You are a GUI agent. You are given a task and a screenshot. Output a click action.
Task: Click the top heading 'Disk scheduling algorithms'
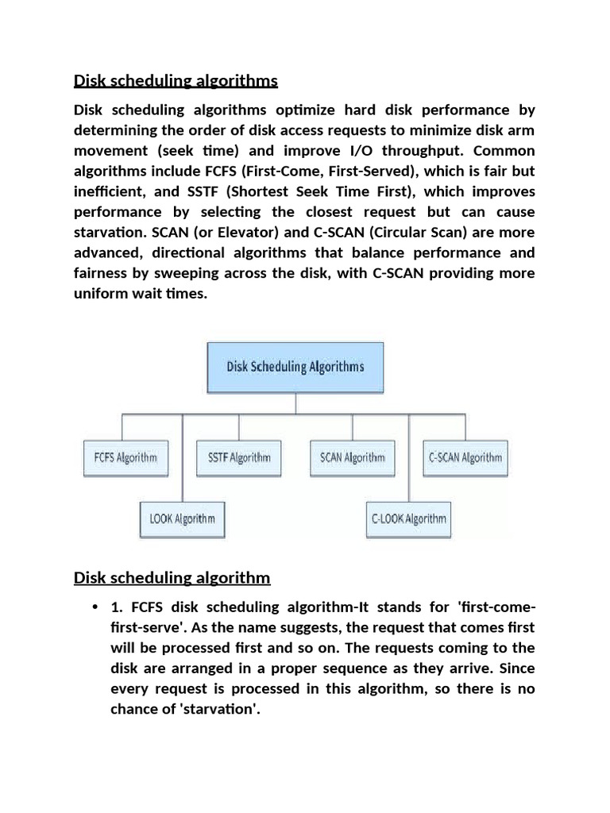(x=176, y=81)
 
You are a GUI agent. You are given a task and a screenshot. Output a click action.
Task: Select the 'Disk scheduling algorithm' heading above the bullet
(x=172, y=577)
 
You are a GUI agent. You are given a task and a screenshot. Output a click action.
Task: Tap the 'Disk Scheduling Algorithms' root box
(x=295, y=367)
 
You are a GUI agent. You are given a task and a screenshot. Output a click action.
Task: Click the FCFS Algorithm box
(x=121, y=457)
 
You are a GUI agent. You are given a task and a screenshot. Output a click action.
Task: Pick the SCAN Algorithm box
(x=352, y=457)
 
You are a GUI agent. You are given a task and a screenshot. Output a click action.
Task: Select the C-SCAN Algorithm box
(x=465, y=457)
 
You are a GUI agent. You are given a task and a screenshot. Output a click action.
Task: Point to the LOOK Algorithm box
(x=183, y=519)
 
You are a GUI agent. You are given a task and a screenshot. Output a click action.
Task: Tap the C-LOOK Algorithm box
(x=408, y=519)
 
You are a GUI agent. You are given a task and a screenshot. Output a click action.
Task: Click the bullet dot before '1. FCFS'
(x=95, y=607)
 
